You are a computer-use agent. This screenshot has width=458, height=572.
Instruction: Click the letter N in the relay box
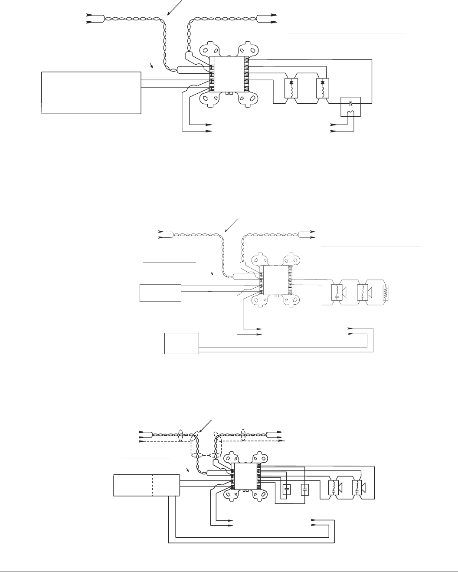(x=351, y=103)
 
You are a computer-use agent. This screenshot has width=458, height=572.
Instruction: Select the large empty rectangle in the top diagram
(x=91, y=93)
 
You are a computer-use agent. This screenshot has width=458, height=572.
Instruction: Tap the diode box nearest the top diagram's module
(x=291, y=88)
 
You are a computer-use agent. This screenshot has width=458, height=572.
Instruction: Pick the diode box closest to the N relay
(x=323, y=88)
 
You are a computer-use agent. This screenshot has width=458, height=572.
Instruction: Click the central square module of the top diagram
(x=229, y=74)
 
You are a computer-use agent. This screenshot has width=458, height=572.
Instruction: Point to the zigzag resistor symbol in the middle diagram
(x=386, y=293)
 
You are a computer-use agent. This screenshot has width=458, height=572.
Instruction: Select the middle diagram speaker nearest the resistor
(x=364, y=293)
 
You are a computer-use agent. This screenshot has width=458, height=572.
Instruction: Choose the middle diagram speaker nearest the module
(x=339, y=293)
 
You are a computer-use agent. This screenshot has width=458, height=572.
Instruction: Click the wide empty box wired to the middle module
(x=160, y=293)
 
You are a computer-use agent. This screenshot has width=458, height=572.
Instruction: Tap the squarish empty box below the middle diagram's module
(x=182, y=343)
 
